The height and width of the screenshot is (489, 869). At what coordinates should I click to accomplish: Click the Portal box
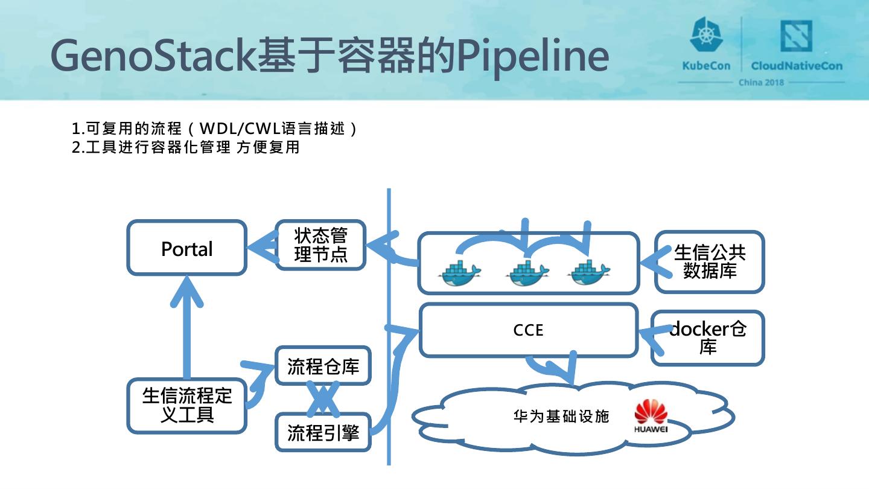(186, 248)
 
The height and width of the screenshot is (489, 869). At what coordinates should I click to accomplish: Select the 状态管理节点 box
(320, 245)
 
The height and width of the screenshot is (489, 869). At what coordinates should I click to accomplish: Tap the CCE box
(528, 330)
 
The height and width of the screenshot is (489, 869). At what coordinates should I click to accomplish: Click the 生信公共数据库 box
(709, 261)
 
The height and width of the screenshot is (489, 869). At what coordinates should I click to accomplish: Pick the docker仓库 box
(708, 337)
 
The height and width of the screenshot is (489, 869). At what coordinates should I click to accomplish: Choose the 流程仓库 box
(323, 366)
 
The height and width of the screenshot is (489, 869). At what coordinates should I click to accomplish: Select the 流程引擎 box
(323, 432)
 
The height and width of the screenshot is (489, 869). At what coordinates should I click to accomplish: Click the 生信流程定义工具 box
(186, 406)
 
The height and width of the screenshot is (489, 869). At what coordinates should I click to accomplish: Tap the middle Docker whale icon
(527, 273)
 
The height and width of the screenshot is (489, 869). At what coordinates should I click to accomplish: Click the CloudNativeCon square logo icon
(796, 36)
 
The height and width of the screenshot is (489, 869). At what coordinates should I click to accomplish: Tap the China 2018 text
(761, 83)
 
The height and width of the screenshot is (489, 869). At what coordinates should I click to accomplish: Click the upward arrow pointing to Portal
(187, 326)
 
